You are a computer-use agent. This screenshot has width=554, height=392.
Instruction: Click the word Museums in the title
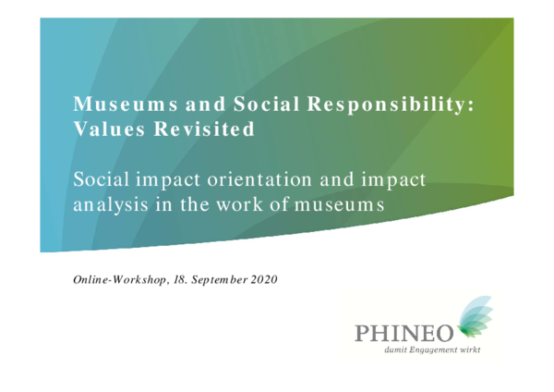point(126,104)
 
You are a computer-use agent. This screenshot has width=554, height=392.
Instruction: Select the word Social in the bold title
point(267,104)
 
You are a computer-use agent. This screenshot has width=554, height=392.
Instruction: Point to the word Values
point(109,129)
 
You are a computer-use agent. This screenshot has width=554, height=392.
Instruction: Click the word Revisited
point(204,129)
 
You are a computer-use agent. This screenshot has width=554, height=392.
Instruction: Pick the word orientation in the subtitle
point(259,179)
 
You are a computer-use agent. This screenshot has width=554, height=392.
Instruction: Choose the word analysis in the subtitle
point(111,205)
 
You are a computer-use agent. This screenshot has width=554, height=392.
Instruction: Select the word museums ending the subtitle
point(339,205)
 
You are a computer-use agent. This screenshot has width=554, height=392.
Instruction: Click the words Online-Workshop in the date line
point(119,280)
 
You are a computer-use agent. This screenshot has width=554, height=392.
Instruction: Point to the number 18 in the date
point(179,280)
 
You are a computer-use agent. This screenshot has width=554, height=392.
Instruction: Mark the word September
point(219,280)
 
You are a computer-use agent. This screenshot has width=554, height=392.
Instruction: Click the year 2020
point(264,280)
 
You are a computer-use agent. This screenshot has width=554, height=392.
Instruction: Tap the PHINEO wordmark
point(403,333)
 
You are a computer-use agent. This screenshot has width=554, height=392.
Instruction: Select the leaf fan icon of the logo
point(475,316)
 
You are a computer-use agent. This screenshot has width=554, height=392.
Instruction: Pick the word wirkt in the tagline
point(470,349)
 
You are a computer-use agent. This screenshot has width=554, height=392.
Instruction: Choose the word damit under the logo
point(396,349)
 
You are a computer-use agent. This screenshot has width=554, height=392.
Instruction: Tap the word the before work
point(195,204)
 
